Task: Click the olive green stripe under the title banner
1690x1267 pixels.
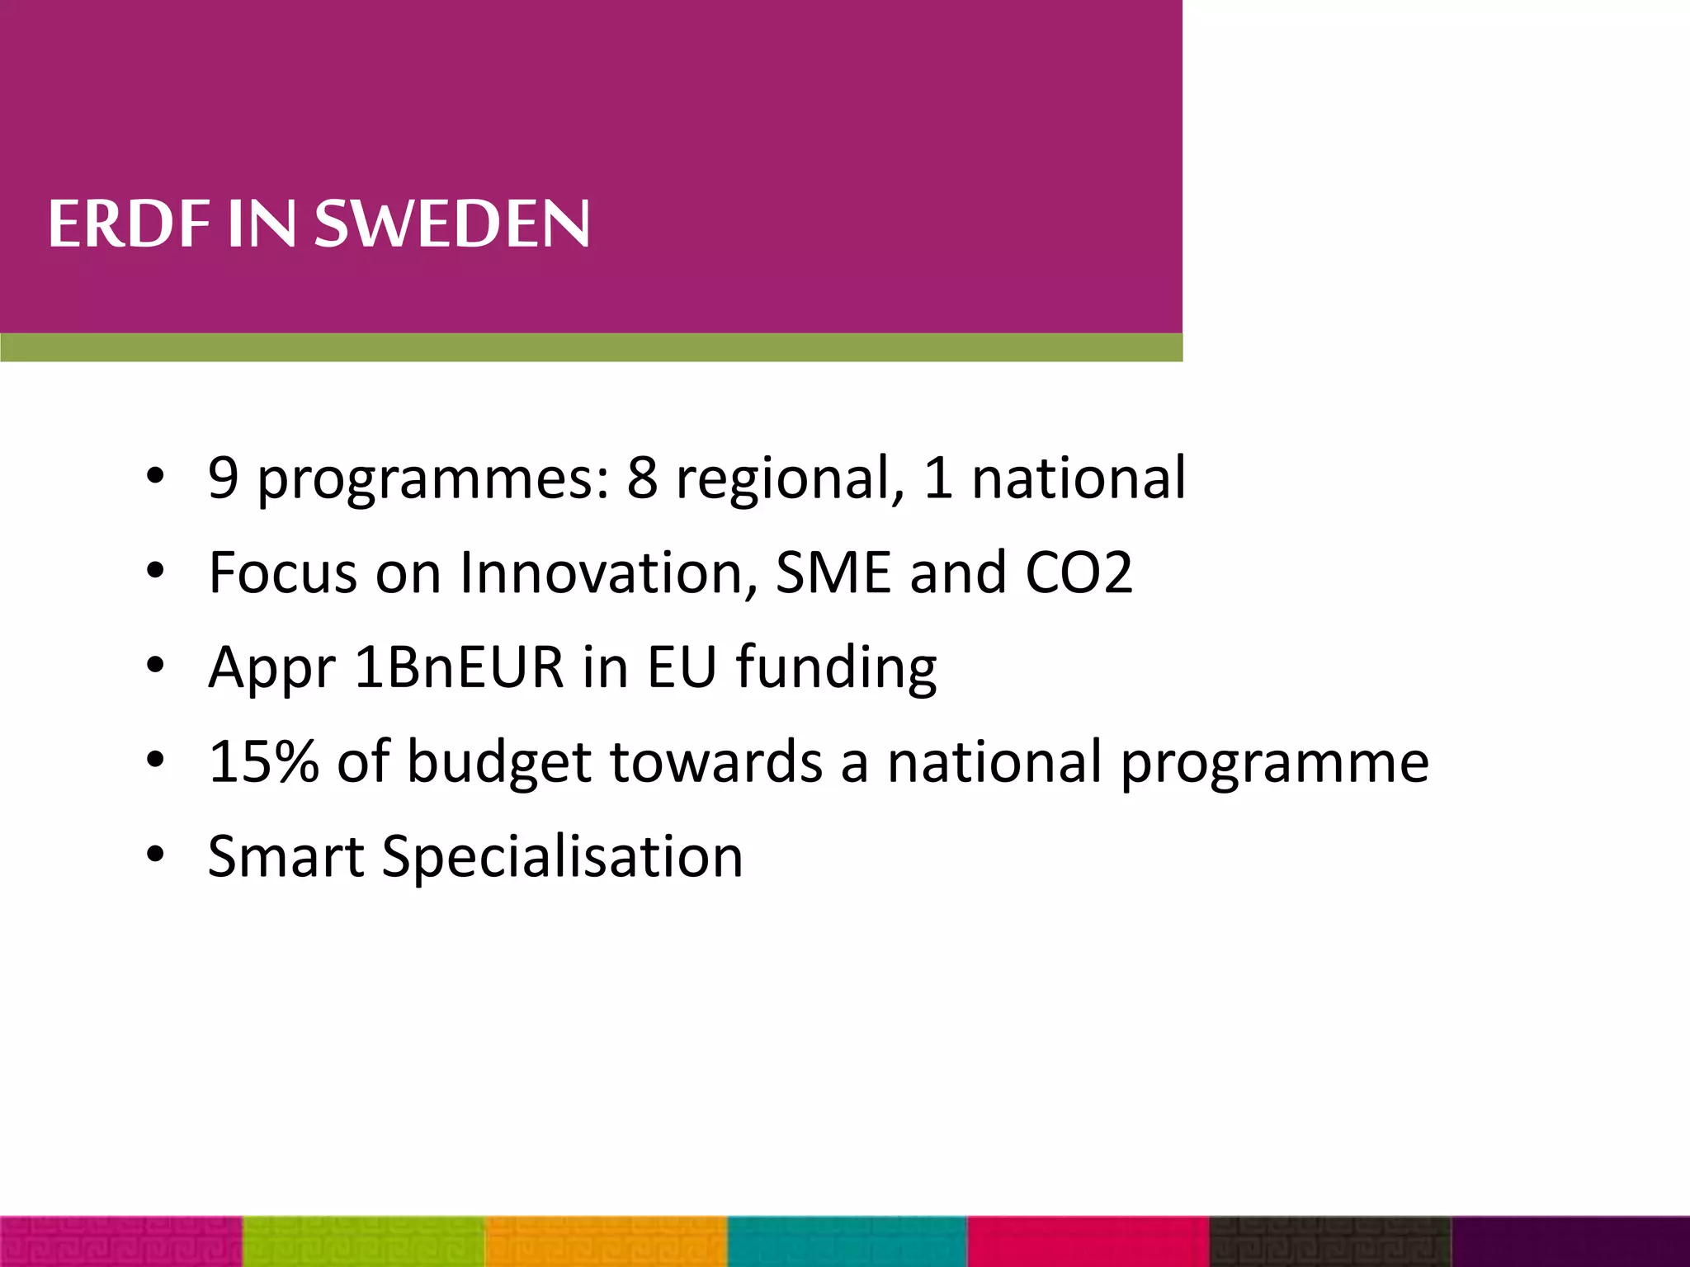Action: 591,347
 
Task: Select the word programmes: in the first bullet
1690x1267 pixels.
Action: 434,480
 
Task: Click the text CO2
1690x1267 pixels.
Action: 1079,572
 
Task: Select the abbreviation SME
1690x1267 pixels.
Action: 833,572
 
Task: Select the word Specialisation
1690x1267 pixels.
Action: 562,858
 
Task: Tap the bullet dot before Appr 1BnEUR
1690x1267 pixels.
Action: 155,666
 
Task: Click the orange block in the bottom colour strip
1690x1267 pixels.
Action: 606,1241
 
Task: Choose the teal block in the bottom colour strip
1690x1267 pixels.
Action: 847,1241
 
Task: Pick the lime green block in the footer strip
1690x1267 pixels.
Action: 363,1241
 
